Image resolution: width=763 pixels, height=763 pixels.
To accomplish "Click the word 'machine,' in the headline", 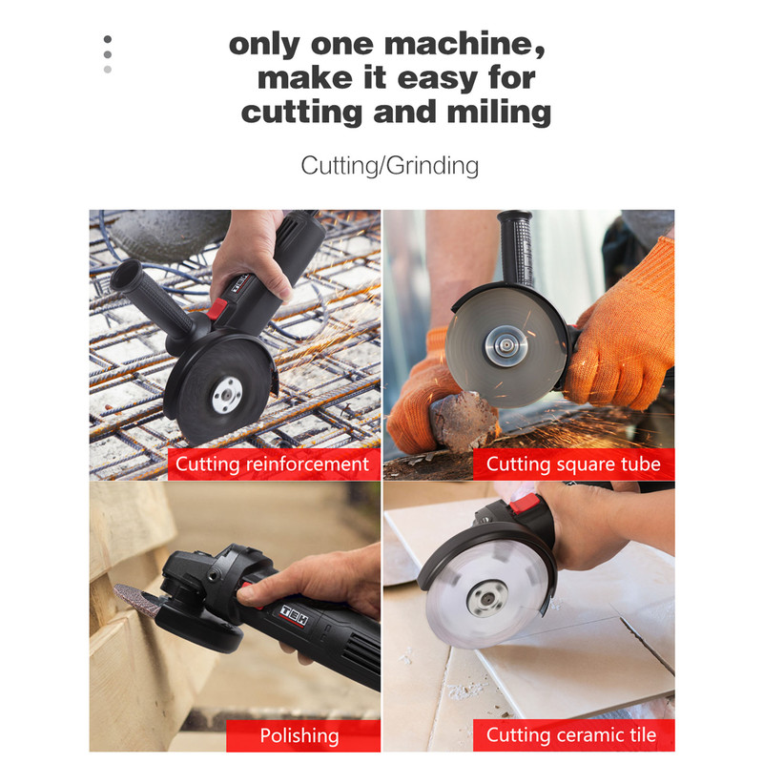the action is [x=464, y=44].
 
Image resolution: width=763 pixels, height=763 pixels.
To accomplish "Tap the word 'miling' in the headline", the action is [x=499, y=113].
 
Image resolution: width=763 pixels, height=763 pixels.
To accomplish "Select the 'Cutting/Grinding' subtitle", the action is [x=389, y=165].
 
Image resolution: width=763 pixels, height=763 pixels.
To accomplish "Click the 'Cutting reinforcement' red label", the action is [x=274, y=464].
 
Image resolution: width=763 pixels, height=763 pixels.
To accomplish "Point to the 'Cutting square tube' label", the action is [x=574, y=464].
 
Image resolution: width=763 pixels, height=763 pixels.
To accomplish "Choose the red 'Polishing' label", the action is [x=302, y=735].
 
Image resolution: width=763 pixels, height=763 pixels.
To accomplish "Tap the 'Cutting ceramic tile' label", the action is [x=574, y=734].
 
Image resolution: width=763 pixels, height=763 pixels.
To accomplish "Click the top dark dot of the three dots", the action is [x=108, y=39].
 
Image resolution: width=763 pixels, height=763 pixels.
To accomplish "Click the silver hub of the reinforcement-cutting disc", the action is [x=227, y=395].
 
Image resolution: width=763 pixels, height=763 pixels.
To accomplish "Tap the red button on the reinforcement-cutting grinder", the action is [x=217, y=309].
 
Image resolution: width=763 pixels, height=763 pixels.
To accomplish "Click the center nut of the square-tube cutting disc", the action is [x=506, y=345].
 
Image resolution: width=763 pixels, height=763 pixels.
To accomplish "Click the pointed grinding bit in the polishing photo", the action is [x=137, y=600].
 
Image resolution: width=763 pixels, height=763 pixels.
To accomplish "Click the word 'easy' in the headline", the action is [x=437, y=79].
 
